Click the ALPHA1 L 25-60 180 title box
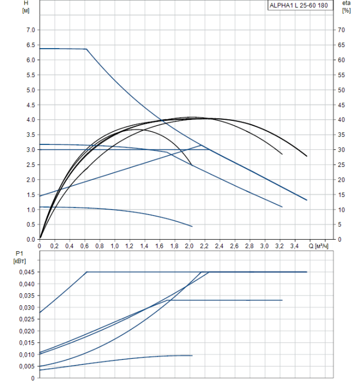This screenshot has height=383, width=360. point(298,5)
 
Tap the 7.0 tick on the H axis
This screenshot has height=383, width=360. point(31,30)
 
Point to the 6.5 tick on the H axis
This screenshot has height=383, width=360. point(31,45)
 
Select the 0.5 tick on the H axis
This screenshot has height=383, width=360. point(31,224)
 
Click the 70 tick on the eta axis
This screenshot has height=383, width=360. point(341,30)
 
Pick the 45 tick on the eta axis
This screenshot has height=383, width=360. point(341,105)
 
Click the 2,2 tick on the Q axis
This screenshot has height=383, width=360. point(204,246)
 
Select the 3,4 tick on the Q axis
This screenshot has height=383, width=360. point(294,246)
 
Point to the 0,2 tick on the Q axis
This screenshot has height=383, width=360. point(54,246)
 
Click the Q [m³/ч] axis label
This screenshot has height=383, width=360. point(320,246)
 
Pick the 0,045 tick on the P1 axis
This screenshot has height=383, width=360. point(26,272)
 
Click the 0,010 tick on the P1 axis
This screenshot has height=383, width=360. point(26,355)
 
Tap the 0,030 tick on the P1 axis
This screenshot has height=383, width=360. point(26,307)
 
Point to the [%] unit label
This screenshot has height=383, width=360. point(346,11)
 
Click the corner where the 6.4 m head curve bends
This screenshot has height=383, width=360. point(86,49)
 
